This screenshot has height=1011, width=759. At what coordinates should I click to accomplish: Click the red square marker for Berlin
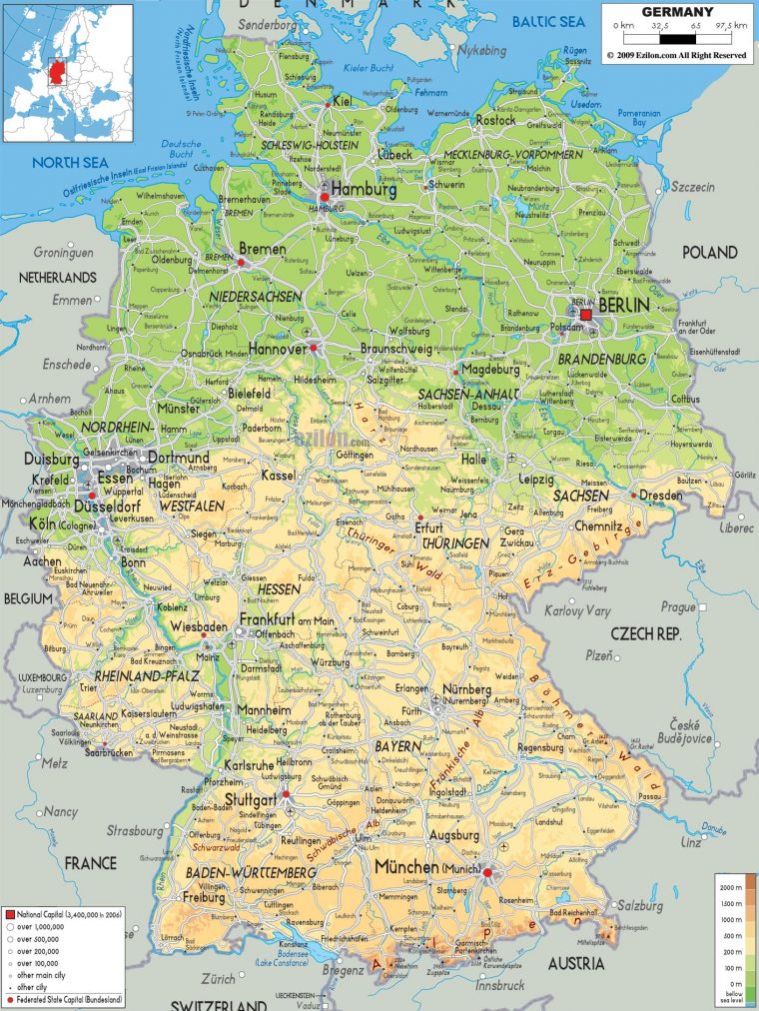click(x=586, y=315)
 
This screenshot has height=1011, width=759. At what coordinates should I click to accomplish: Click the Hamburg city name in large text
click(x=364, y=189)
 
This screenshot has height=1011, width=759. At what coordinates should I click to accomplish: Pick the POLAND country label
click(x=709, y=253)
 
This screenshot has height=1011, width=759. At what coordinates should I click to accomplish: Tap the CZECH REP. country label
click(x=645, y=633)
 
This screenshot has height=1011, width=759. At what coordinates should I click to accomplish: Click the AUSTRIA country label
click(x=575, y=963)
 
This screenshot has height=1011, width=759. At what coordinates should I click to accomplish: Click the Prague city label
click(x=677, y=606)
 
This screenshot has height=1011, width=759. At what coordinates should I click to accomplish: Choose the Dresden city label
click(x=660, y=495)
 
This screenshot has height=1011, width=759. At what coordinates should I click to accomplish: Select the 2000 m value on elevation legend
click(x=728, y=887)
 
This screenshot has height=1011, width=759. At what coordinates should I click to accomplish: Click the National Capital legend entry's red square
click(x=9, y=914)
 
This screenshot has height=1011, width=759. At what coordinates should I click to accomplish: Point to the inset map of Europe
click(x=67, y=72)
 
